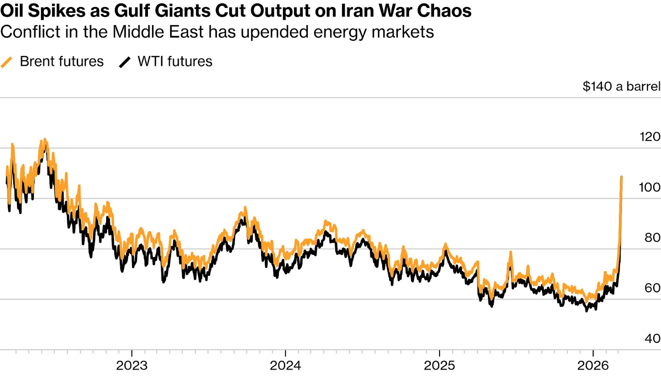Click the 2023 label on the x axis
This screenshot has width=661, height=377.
tap(132, 365)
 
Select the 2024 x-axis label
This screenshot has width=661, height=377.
tap(285, 365)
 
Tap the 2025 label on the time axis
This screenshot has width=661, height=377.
tap(440, 365)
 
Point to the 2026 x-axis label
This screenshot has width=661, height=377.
tap(593, 365)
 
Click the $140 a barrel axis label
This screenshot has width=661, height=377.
tap(621, 86)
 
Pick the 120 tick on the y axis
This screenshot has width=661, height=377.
tap(650, 137)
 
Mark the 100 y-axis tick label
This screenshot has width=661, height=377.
tap(649, 187)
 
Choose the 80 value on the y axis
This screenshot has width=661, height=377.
tap(652, 238)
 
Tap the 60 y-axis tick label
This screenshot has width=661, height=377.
tap(652, 288)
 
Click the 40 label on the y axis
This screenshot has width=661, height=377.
tap(652, 339)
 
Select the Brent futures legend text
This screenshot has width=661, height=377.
tap(62, 62)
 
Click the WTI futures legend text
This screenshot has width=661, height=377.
tap(175, 62)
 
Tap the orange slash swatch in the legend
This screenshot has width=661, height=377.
tap(7, 62)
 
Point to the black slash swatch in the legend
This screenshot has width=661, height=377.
tap(125, 62)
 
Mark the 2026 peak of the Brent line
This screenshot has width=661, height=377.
tap(622, 177)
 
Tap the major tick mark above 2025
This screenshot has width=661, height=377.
tap(440, 353)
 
